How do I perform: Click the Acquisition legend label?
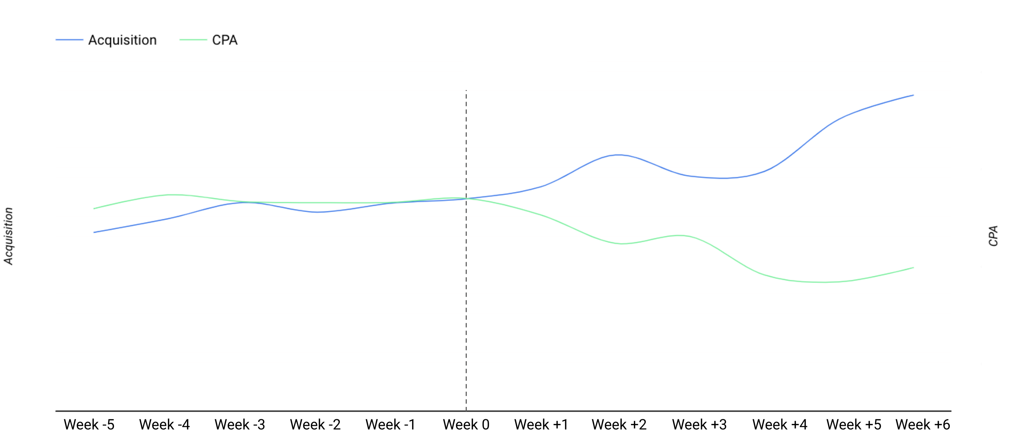pyautogui.click(x=122, y=40)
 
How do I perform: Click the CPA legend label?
pyautogui.click(x=225, y=40)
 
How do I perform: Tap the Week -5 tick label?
pyautogui.click(x=89, y=424)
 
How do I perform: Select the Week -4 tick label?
pyautogui.click(x=164, y=424)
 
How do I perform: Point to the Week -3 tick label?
pyautogui.click(x=240, y=424)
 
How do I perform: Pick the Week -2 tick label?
pyautogui.click(x=315, y=424)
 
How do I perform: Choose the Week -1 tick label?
pyautogui.click(x=390, y=424)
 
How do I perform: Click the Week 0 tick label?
pyautogui.click(x=466, y=424)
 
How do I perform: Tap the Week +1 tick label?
pyautogui.click(x=541, y=424)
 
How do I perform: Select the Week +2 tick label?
pyautogui.click(x=619, y=424)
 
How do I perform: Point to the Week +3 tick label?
pyautogui.click(x=699, y=424)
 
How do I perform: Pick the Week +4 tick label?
pyautogui.click(x=779, y=424)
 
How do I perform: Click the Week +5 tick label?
pyautogui.click(x=854, y=424)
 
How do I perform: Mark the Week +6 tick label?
pyautogui.click(x=923, y=424)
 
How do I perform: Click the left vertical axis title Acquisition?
pyautogui.click(x=9, y=236)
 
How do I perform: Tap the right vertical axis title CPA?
pyautogui.click(x=993, y=236)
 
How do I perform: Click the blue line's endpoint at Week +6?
pyautogui.click(x=913, y=95)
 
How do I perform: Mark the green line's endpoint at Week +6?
pyautogui.click(x=913, y=268)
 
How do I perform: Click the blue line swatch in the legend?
pyautogui.click(x=69, y=40)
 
